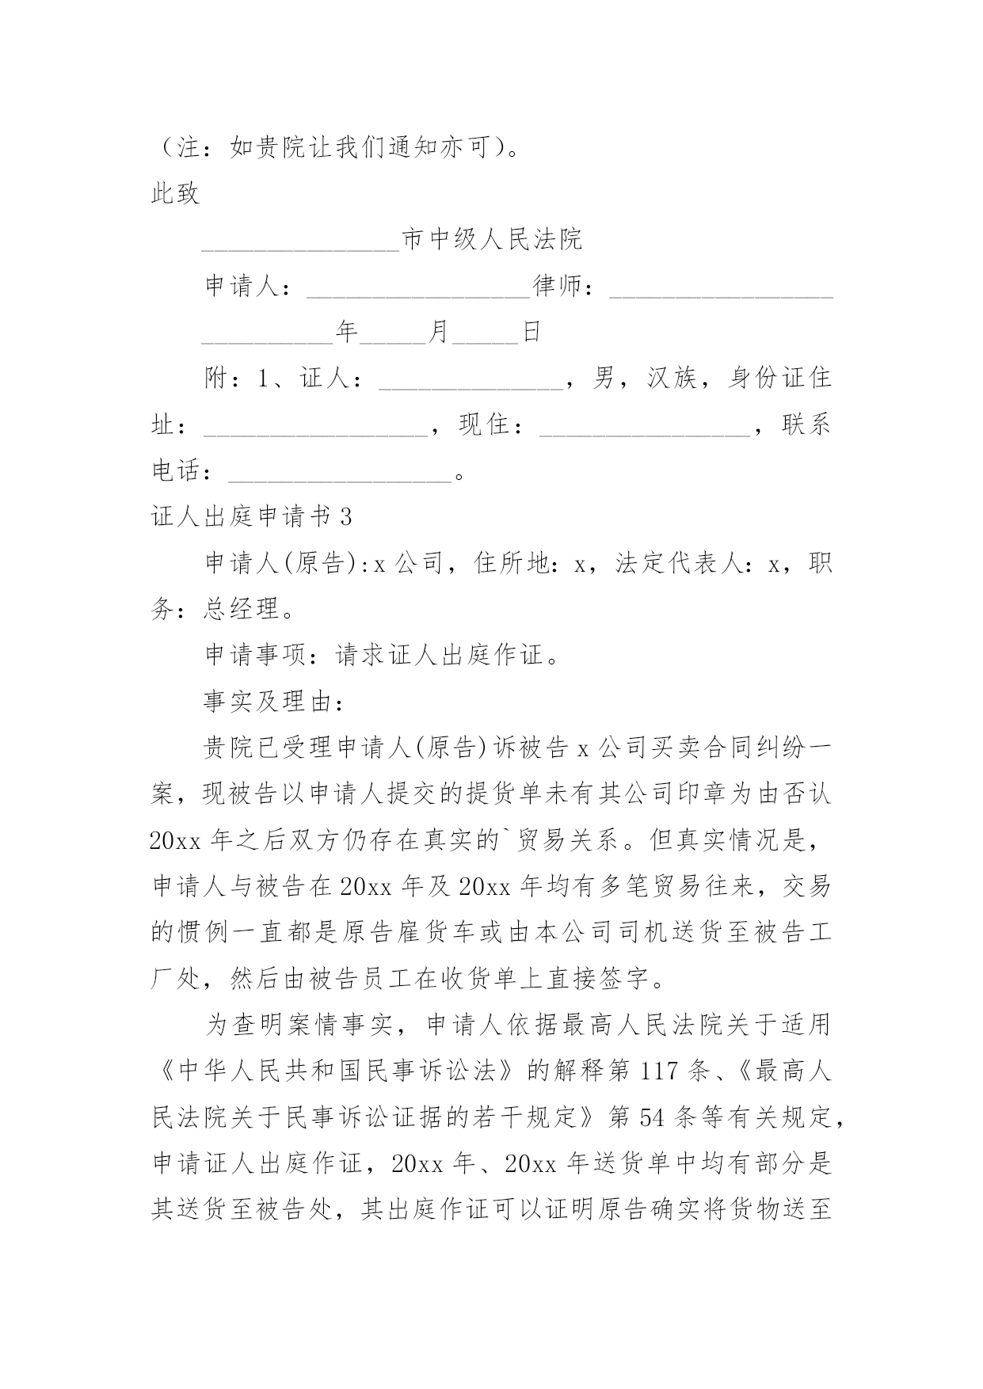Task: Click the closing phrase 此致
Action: (x=175, y=193)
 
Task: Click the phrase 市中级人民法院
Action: (x=492, y=239)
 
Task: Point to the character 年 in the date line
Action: (x=347, y=332)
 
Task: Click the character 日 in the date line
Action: (x=531, y=332)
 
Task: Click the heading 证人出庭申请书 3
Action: (x=251, y=517)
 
